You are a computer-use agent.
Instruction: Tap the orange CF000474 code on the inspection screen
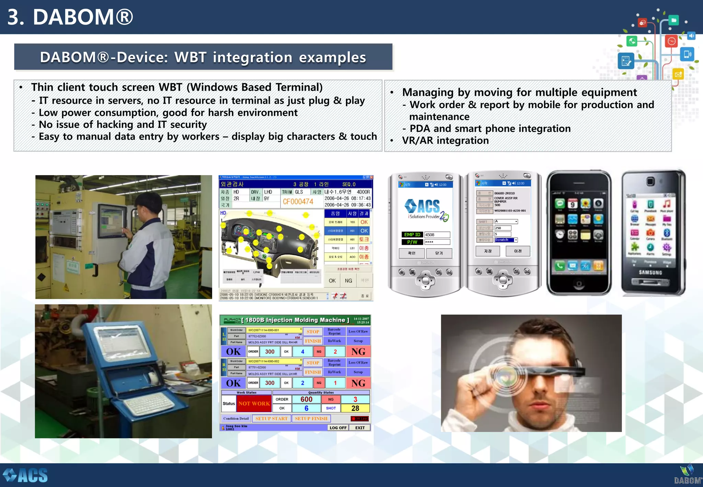[x=298, y=202]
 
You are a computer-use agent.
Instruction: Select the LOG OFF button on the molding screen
[x=338, y=428]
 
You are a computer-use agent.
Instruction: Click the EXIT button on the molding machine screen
[x=360, y=428]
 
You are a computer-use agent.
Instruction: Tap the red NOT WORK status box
[x=254, y=404]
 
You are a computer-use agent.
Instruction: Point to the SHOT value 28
[x=355, y=408]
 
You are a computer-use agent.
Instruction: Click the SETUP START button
[x=271, y=418]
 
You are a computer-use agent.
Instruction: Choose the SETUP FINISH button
[x=311, y=418]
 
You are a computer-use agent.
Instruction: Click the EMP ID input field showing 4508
[x=437, y=235]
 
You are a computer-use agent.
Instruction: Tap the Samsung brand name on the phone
[x=650, y=272]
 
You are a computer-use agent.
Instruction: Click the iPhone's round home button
[x=579, y=284]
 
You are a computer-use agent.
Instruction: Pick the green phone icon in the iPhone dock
[x=560, y=265]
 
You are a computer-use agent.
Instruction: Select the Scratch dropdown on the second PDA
[x=506, y=240]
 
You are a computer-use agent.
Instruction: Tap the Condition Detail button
[x=236, y=418]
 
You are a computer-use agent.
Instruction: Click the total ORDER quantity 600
[x=306, y=399]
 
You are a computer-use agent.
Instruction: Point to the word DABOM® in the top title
[x=83, y=17]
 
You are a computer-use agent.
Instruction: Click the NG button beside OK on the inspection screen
[x=348, y=281]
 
